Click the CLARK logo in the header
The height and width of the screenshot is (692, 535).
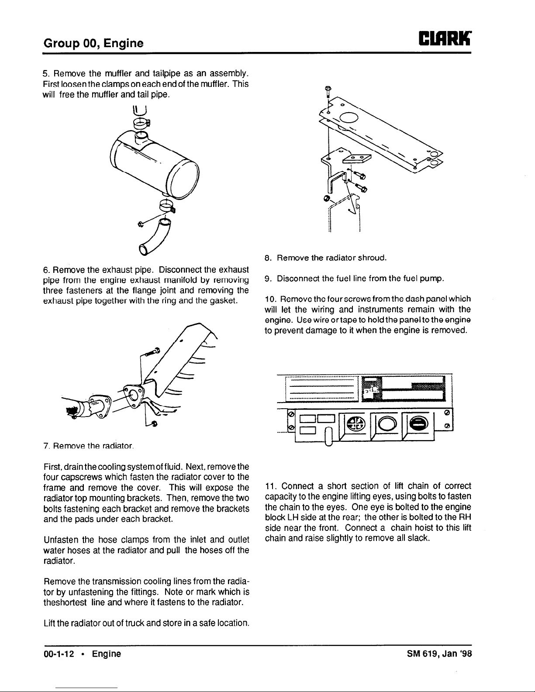click(445, 38)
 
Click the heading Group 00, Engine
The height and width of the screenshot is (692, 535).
click(93, 43)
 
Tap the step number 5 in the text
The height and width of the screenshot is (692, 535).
click(46, 73)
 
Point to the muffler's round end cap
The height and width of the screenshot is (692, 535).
click(183, 179)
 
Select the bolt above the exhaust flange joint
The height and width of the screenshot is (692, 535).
click(152, 352)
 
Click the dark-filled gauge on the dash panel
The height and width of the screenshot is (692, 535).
click(418, 423)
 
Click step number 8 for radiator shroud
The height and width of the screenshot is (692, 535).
click(267, 258)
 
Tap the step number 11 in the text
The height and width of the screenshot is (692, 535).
click(270, 486)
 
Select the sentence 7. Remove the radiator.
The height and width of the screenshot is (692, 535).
click(89, 446)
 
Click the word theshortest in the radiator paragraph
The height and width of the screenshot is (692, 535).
click(65, 602)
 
